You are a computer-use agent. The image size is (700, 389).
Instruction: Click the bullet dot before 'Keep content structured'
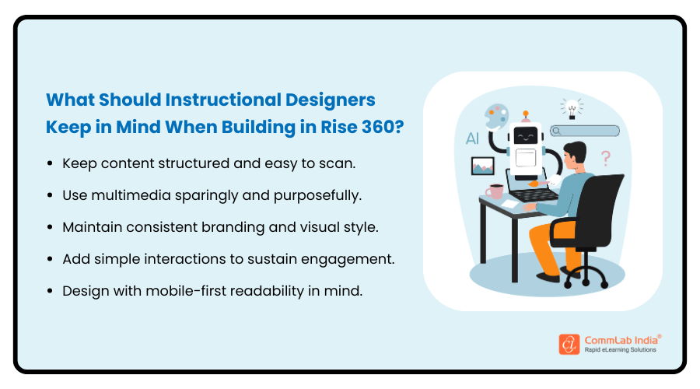pyautogui.click(x=51, y=164)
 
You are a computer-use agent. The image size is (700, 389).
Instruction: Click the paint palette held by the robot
pyautogui.click(x=495, y=117)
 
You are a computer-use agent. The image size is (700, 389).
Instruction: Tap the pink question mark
pyautogui.click(x=606, y=158)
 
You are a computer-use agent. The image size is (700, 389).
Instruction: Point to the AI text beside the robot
pyautogui.click(x=472, y=140)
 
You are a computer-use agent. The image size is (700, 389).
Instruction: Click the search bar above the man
pyautogui.click(x=585, y=131)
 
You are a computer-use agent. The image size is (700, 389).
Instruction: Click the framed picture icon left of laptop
pyautogui.click(x=483, y=165)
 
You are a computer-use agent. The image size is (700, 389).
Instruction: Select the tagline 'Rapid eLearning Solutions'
pyautogui.click(x=620, y=350)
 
